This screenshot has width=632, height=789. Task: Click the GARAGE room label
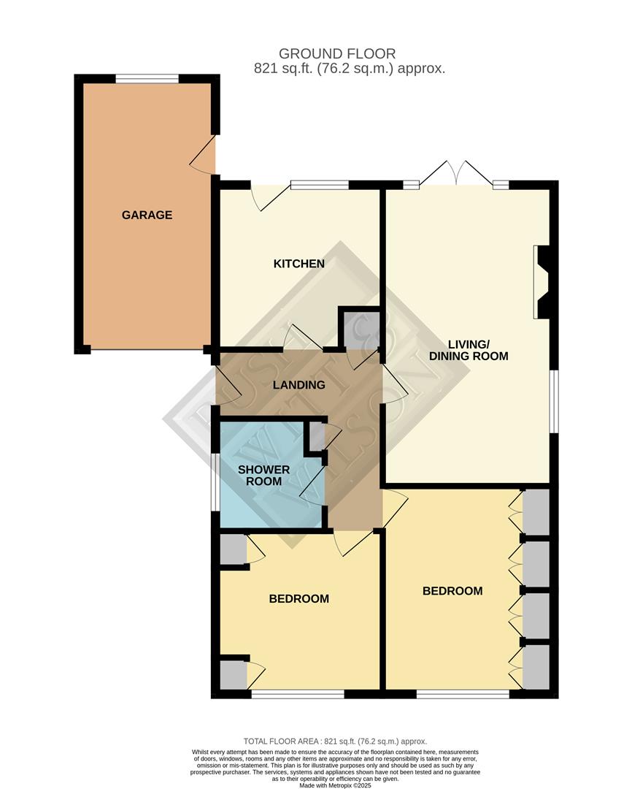(147, 215)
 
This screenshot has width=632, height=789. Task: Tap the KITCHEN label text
(298, 264)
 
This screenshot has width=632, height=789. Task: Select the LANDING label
(298, 385)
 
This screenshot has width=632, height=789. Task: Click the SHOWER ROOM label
(263, 475)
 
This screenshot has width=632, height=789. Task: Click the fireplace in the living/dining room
(543, 282)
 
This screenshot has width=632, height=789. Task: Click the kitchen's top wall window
(319, 185)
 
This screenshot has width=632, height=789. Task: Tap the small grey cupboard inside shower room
(317, 437)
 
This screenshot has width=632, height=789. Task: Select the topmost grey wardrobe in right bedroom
(536, 512)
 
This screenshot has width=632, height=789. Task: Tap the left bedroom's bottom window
(297, 693)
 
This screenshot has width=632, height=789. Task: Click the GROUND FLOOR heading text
(337, 53)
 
